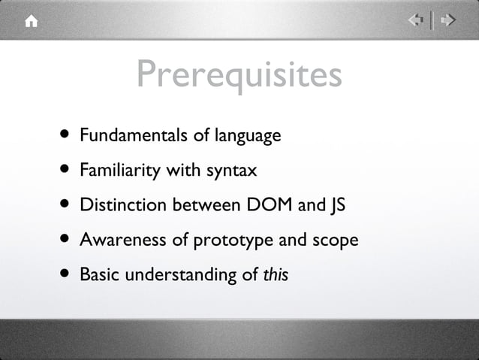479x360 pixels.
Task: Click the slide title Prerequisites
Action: pyautogui.click(x=239, y=74)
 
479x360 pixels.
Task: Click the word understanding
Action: pyautogui.click(x=180, y=276)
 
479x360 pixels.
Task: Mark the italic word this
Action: pyautogui.click(x=275, y=276)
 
